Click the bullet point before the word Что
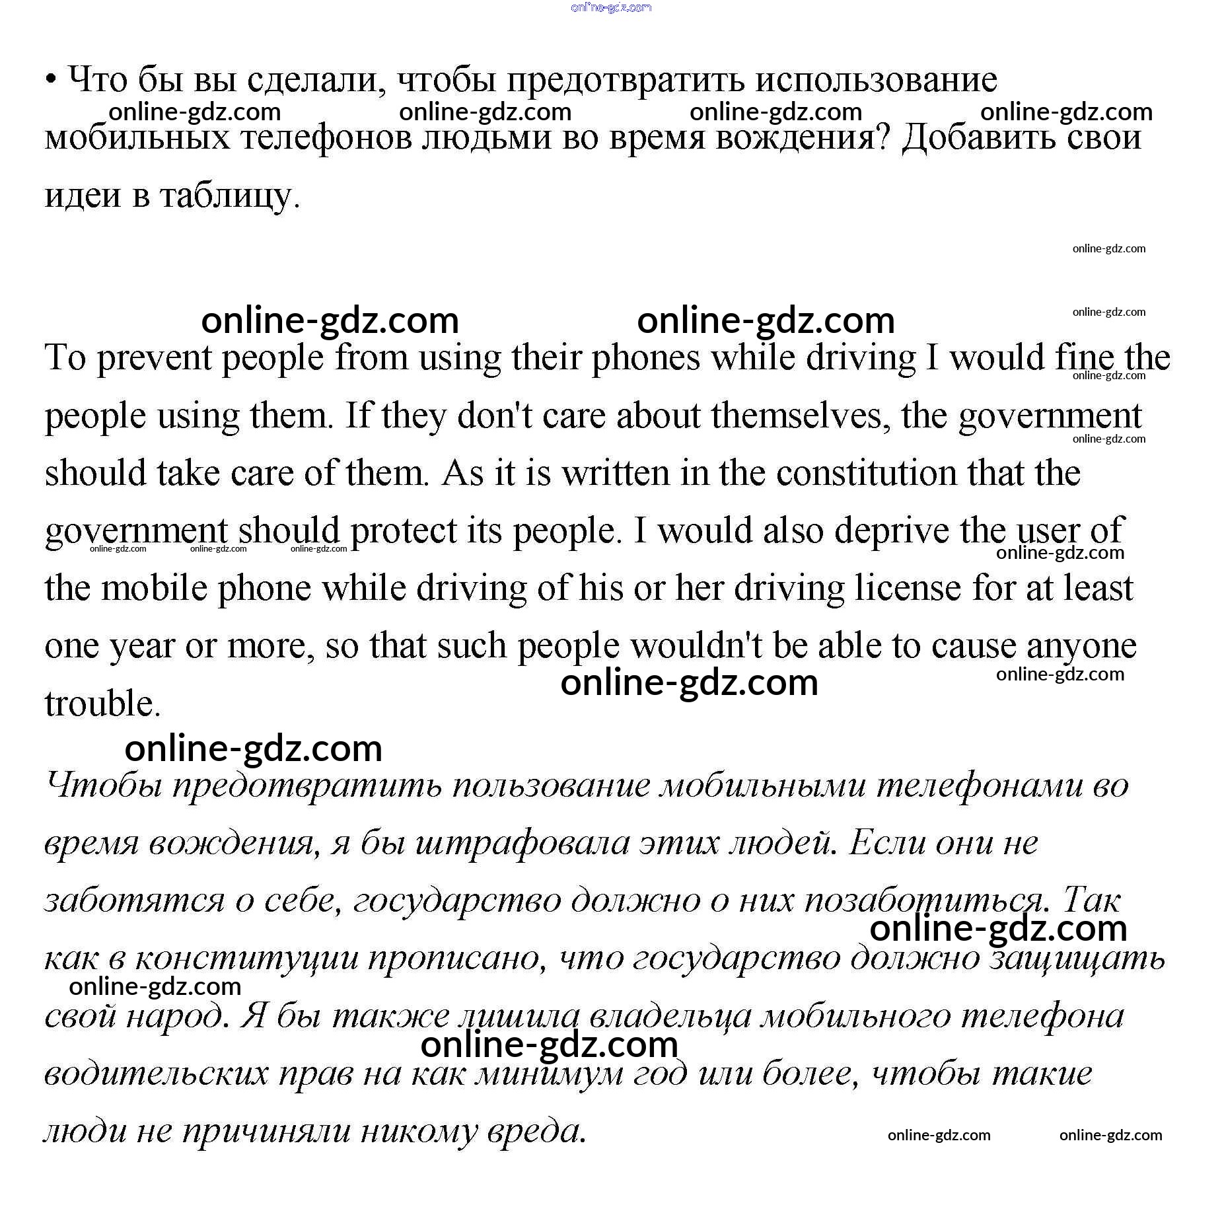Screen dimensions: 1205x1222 (51, 80)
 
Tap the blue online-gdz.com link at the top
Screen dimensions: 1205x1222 (610, 7)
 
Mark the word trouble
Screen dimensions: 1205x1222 (102, 704)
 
